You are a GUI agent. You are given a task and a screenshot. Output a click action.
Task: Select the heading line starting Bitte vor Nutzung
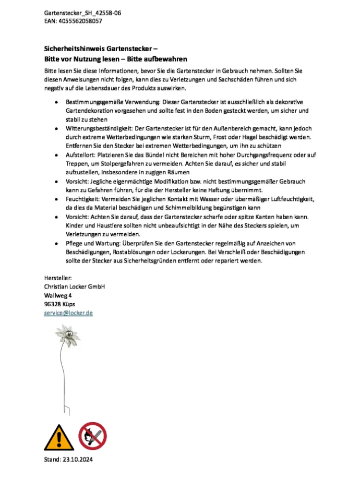pyautogui.click(x=115, y=59)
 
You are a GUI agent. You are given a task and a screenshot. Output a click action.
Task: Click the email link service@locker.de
pyautogui.click(x=68, y=313)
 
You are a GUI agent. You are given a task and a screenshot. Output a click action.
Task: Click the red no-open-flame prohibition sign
pyautogui.click(x=93, y=436)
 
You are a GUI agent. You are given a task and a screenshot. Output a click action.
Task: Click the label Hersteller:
pyautogui.click(x=58, y=279)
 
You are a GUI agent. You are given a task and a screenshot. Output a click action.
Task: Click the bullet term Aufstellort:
pyautogui.click(x=81, y=155)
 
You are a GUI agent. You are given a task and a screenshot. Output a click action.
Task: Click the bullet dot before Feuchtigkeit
pyautogui.click(x=56, y=199)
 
